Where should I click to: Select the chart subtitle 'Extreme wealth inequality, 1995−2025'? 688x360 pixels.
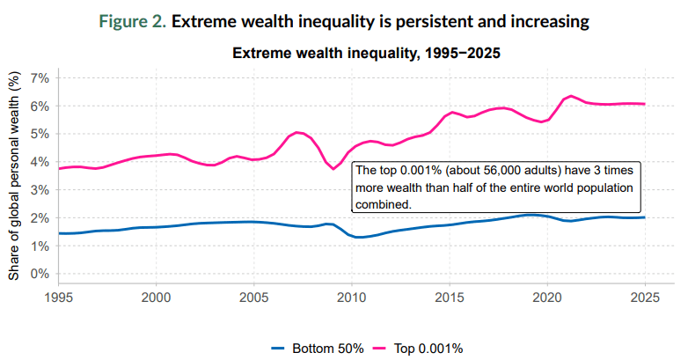point(366,54)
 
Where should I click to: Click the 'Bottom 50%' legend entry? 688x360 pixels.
point(318,349)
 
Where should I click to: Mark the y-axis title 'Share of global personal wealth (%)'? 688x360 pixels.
point(14,176)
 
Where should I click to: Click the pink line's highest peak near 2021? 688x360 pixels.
point(571,96)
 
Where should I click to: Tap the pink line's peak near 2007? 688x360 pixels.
point(297,132)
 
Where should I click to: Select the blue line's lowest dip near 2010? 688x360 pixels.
point(359,237)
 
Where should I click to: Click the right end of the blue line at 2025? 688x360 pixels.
point(645,217)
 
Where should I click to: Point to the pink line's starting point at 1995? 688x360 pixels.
point(59,168)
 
